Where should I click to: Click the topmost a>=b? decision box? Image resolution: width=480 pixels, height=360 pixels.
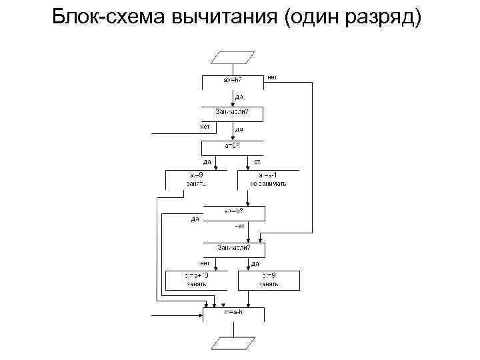point(233,81)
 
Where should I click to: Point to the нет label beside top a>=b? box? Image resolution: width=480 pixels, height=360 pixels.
point(272,77)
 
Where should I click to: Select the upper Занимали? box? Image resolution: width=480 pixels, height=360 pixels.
point(233,114)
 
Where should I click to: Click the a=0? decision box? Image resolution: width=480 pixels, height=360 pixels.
point(233,147)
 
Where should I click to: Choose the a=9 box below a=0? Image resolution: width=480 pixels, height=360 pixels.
point(197,179)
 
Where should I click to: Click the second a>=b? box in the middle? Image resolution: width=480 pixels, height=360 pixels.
point(233,213)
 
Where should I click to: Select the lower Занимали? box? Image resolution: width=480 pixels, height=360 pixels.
point(233,250)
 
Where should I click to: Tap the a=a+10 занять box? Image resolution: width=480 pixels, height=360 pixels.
point(197,279)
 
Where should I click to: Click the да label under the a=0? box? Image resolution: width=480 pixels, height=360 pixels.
point(207,161)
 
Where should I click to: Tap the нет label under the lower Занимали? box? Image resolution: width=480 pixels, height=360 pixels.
point(205,263)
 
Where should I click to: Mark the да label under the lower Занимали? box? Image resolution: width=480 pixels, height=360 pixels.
point(255,263)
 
